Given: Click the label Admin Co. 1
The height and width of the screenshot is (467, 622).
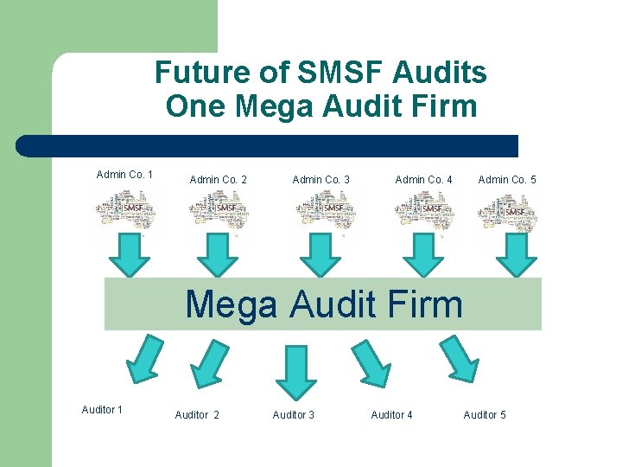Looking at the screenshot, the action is click(124, 175).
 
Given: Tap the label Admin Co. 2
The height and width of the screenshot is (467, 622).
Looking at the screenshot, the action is click(218, 180).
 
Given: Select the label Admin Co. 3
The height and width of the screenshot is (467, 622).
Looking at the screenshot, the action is click(321, 180).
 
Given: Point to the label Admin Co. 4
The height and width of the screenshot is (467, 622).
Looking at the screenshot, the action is click(423, 180).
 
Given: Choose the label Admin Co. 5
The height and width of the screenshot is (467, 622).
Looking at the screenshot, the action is click(507, 180).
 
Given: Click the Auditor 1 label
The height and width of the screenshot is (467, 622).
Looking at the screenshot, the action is click(102, 410).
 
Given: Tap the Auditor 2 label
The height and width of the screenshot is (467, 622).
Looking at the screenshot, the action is click(197, 415).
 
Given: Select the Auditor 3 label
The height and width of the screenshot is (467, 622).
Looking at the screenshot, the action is click(294, 415).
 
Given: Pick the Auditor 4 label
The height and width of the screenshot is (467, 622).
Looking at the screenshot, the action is click(391, 415).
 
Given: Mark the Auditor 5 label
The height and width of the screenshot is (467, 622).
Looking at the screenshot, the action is click(485, 415).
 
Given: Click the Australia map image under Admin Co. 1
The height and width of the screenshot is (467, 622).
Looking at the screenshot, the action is click(126, 210).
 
